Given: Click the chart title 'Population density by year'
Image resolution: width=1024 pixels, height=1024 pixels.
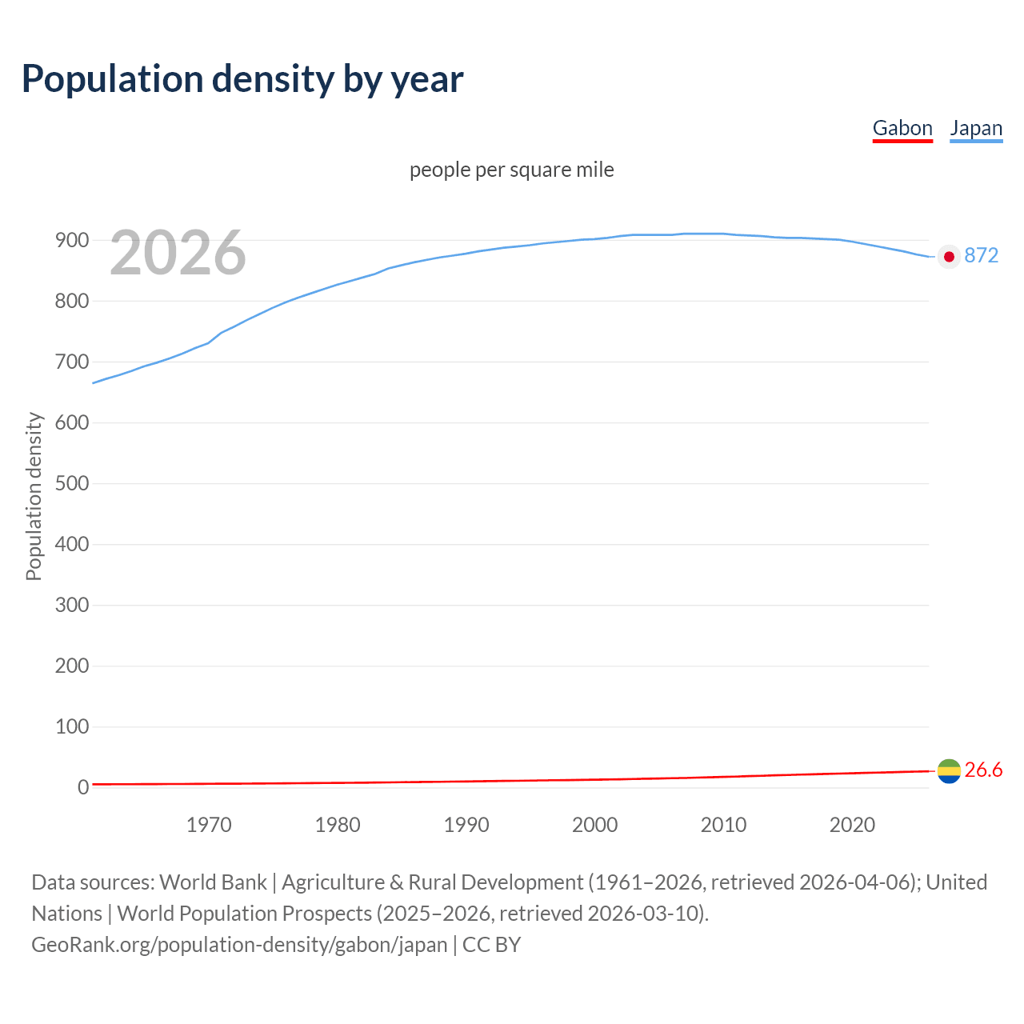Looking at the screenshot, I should point(242,78).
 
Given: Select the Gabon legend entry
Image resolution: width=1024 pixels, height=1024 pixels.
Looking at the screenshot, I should point(902,128).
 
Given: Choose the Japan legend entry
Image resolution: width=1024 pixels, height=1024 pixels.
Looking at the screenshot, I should point(976,128).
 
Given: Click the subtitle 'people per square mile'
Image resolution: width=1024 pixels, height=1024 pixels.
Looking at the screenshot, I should point(512,170).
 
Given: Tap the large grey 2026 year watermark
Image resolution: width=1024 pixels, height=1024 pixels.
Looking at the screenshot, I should point(178,253).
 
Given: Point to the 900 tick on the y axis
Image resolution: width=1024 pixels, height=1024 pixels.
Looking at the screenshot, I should point(71,240).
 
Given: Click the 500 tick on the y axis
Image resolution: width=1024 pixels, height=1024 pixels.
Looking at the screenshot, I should point(71,483).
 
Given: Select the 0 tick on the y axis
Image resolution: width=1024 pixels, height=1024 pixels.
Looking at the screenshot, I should point(82,787).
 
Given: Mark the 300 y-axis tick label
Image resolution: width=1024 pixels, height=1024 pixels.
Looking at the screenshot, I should point(71,605).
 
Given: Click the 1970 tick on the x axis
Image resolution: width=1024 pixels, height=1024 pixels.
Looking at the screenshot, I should point(209,825).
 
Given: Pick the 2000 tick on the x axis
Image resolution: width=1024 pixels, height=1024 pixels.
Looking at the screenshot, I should point(594,825).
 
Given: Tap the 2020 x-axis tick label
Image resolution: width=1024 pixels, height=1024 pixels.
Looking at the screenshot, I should point(852,825).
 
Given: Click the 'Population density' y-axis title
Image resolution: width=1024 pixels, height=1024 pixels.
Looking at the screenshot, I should point(34,496).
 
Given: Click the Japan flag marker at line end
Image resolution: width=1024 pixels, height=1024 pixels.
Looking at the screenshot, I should point(949,257).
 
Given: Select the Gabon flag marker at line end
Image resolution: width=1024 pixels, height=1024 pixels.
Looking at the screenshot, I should point(949,771).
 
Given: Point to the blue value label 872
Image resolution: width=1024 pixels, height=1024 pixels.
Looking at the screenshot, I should point(982,255).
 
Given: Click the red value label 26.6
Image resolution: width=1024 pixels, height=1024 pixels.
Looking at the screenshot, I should point(983,770).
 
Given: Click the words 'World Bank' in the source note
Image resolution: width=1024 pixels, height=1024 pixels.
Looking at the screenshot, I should point(213,882).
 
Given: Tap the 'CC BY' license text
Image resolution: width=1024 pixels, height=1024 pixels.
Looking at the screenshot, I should point(491,945).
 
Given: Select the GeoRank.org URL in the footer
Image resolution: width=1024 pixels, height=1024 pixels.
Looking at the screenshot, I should point(239,945).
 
